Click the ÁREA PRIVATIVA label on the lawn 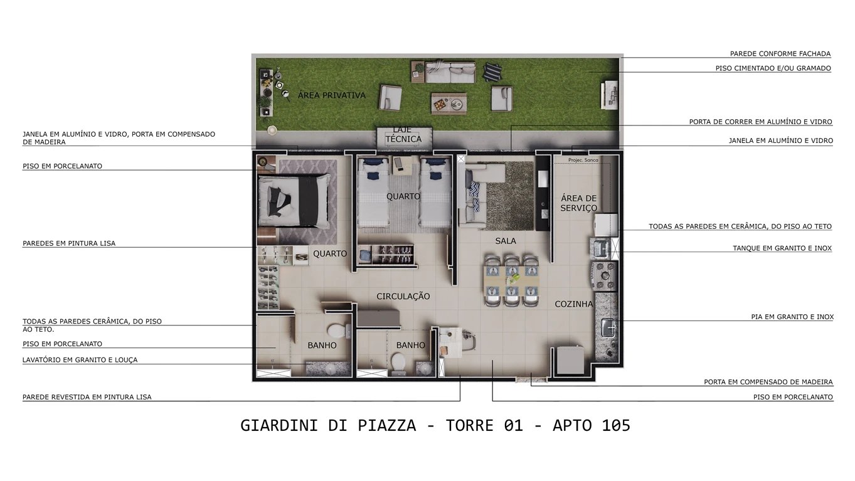coord(331,95)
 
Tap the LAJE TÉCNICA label coord(403,135)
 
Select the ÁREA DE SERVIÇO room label coord(578,203)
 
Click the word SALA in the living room coord(506,241)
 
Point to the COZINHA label coord(573,304)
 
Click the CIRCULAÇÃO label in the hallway coord(403,296)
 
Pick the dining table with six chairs coord(512,280)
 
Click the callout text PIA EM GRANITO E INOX coord(792,317)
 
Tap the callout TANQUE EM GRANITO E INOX coord(782,248)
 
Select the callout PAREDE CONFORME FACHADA coord(780,54)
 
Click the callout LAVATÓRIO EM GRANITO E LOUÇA coord(80,360)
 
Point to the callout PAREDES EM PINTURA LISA coord(69,243)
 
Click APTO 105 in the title coord(591,425)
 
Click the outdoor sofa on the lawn coord(450,71)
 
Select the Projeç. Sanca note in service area coord(583,161)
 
